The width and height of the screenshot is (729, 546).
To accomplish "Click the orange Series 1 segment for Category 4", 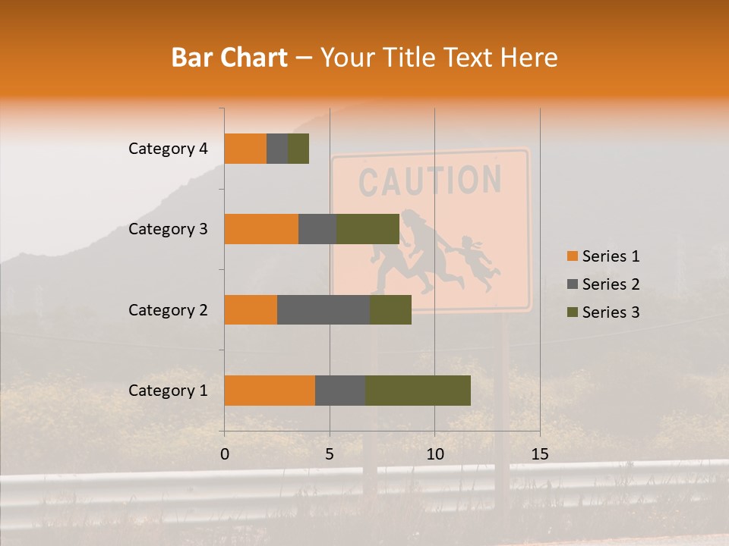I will click(x=245, y=149).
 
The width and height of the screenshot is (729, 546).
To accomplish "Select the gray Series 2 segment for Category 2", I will click(x=323, y=309).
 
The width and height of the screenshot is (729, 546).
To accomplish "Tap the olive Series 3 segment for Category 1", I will click(x=418, y=390).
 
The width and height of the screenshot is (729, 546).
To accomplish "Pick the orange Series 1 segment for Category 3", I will click(x=261, y=229).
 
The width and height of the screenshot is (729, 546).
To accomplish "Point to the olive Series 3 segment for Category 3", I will click(x=368, y=229).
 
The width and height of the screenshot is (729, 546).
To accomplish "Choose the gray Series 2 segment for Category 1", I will click(x=340, y=390).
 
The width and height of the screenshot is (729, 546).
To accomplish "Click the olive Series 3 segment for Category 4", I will click(x=298, y=149).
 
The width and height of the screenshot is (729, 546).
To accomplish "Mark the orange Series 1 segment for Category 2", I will click(x=251, y=309).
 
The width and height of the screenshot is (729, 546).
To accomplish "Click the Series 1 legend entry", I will click(x=603, y=256).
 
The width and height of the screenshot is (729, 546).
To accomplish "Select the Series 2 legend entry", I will click(x=603, y=284).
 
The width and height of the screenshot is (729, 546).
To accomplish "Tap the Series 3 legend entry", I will click(x=603, y=312).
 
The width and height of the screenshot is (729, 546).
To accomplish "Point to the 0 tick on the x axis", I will click(x=225, y=454).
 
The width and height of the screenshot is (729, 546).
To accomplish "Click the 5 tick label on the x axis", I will click(x=330, y=454).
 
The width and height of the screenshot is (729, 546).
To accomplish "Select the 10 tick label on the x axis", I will click(x=434, y=454).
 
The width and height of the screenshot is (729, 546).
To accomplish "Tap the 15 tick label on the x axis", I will click(x=539, y=454).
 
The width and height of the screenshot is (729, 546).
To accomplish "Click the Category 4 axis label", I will click(x=168, y=149).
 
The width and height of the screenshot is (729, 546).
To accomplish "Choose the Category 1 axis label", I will click(x=168, y=391).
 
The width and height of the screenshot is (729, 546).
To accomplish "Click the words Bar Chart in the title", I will click(x=229, y=58).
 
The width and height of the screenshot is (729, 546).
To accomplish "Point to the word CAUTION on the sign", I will click(x=430, y=181).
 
